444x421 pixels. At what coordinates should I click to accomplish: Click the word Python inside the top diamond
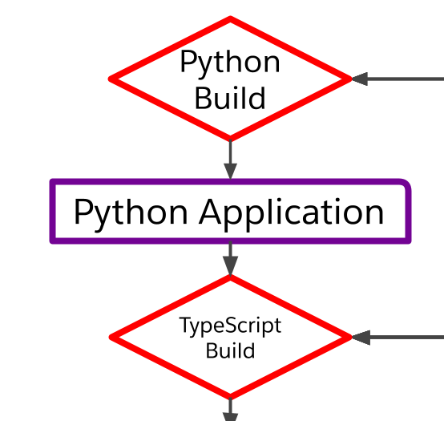[230, 63]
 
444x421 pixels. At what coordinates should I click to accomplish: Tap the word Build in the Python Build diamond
[230, 98]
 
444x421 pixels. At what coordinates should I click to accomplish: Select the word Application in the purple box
[292, 213]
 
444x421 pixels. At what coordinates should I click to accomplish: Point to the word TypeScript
[230, 326]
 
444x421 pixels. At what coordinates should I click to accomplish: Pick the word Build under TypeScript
[230, 350]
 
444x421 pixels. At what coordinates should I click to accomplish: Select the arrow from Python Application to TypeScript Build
[231, 259]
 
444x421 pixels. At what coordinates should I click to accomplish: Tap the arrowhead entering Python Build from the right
[360, 79]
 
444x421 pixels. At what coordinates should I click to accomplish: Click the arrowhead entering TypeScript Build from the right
[360, 338]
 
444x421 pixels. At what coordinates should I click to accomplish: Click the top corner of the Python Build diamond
[231, 18]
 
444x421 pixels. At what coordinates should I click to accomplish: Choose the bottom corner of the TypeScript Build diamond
[231, 396]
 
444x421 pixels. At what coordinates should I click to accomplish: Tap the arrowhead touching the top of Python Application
[231, 172]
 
